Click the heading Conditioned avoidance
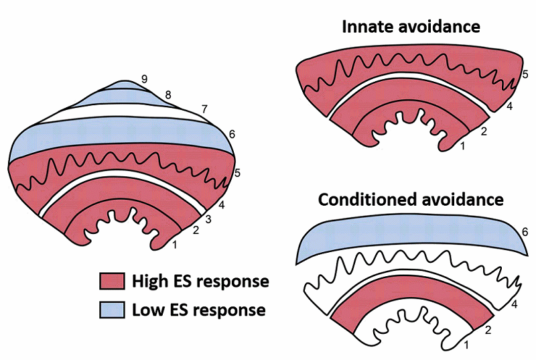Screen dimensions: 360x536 click(x=410, y=200)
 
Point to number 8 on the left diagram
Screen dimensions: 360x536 click(x=168, y=95)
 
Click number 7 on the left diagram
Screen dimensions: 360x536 click(x=204, y=109)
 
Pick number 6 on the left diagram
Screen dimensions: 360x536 click(x=232, y=135)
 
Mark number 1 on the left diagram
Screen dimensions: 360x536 click(x=176, y=245)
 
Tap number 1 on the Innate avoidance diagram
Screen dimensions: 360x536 click(x=462, y=146)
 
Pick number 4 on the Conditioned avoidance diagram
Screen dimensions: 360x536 click(x=514, y=305)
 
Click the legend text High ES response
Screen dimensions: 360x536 click(x=200, y=281)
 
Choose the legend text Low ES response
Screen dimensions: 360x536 click(x=198, y=310)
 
